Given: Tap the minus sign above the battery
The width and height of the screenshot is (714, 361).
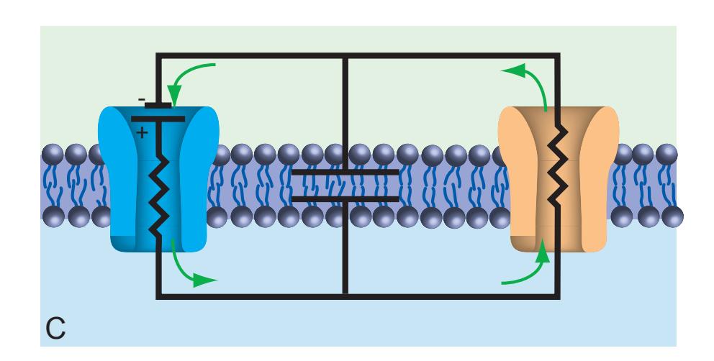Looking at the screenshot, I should tap(142, 99).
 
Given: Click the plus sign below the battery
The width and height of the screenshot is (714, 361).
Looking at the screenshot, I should tap(142, 132).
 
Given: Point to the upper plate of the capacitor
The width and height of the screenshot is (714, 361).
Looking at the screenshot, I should tap(345, 173).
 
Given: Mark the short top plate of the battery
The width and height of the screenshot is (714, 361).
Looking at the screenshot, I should tap(158, 105).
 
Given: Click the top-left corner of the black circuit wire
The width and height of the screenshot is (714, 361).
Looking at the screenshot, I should tap(158, 55).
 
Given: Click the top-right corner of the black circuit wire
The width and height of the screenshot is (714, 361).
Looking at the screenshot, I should tap(558, 55).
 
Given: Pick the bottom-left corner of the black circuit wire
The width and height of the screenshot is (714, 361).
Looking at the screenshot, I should tap(158, 295).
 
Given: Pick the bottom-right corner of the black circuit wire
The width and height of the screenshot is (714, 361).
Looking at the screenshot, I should tap(558, 295).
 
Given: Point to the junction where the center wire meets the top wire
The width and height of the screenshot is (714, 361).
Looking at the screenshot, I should tap(345, 55).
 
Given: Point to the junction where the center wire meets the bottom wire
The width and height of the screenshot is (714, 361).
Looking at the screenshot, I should tap(345, 295).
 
